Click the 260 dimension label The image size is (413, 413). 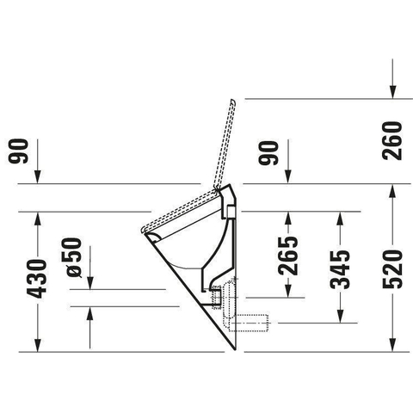pos(392,140)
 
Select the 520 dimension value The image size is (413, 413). pos(392,269)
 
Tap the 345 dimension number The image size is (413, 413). pos(340,269)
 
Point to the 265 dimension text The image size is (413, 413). pos(288,256)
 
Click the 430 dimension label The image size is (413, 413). pos(37,279)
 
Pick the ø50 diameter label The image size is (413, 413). pos(71,257)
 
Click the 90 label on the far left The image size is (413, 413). pos(18,151)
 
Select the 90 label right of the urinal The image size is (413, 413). pos(268,153)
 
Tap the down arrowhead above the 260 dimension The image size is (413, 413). pos(392,91)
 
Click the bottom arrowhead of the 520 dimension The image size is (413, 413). pos(392,345)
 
